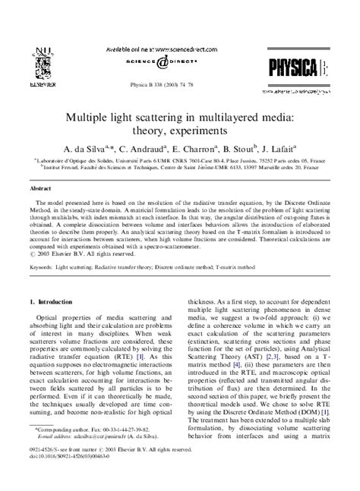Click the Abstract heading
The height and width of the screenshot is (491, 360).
click(x=40, y=186)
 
